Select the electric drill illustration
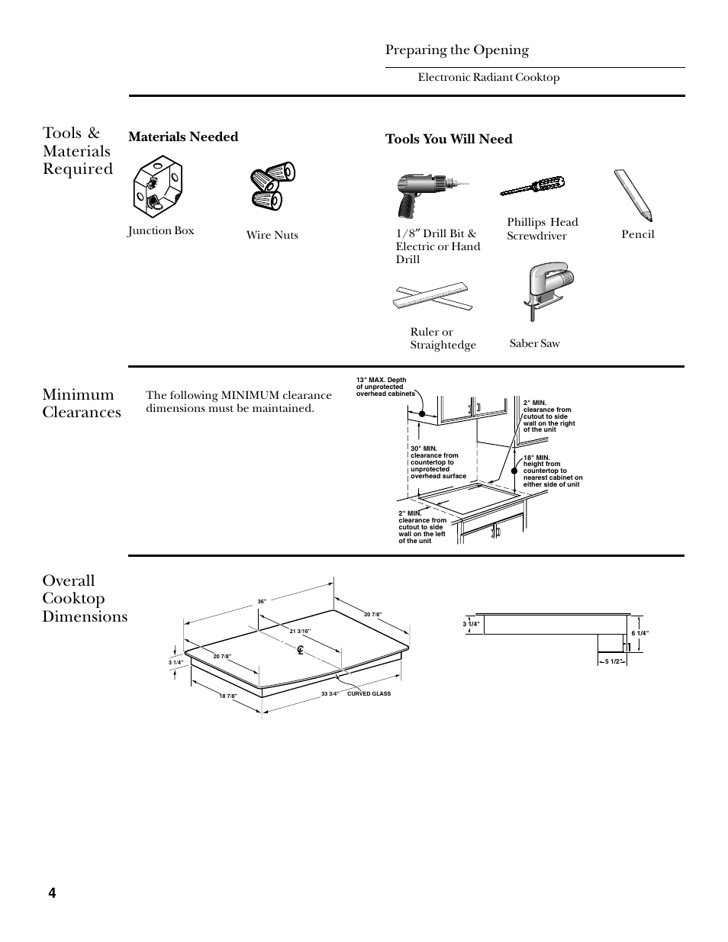(x=425, y=195)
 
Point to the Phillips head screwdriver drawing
(x=533, y=187)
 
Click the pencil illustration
(x=635, y=195)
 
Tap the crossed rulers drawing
(x=432, y=297)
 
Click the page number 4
(x=52, y=893)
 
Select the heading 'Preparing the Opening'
(x=456, y=50)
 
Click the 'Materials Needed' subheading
(x=183, y=137)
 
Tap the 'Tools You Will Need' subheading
(x=449, y=139)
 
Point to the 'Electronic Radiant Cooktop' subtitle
(x=488, y=77)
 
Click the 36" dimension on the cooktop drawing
(x=261, y=602)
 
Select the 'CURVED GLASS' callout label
(x=369, y=694)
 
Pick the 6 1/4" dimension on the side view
(x=639, y=633)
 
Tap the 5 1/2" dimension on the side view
(x=613, y=661)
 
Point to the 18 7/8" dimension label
(x=228, y=696)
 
